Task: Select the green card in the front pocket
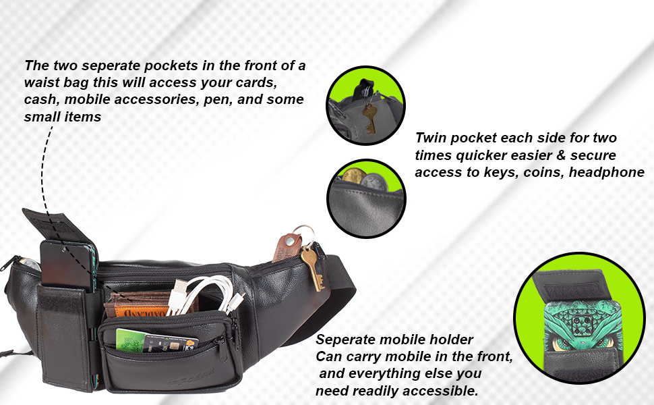(x=131, y=340)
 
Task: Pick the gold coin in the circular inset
(x=354, y=175)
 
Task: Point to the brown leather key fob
(x=286, y=249)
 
